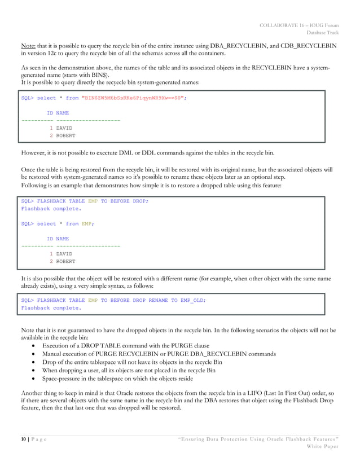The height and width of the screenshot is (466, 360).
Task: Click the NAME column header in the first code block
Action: [x=63, y=113]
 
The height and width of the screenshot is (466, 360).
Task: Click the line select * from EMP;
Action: [x=57, y=224]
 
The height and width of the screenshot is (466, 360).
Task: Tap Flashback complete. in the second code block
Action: [x=51, y=209]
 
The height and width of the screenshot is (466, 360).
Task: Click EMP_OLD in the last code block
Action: [x=192, y=301]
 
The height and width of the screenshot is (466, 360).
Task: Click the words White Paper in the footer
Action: [x=322, y=446]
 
